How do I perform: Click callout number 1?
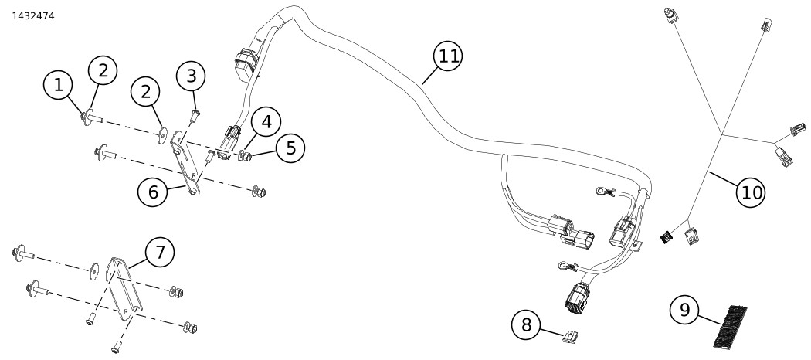pos(58,85)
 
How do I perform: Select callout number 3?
pos(191,76)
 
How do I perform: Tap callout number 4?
pos(266,121)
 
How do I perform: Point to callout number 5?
pos(290,148)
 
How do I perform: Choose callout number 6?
pos(153,192)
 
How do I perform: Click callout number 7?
pos(160,252)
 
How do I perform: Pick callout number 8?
pos(527,324)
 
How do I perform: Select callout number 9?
pos(684,310)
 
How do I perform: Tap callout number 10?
pos(751,192)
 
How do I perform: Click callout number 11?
pos(449,56)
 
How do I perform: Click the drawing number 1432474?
pos(33,15)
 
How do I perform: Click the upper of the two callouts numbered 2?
pos(103,70)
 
